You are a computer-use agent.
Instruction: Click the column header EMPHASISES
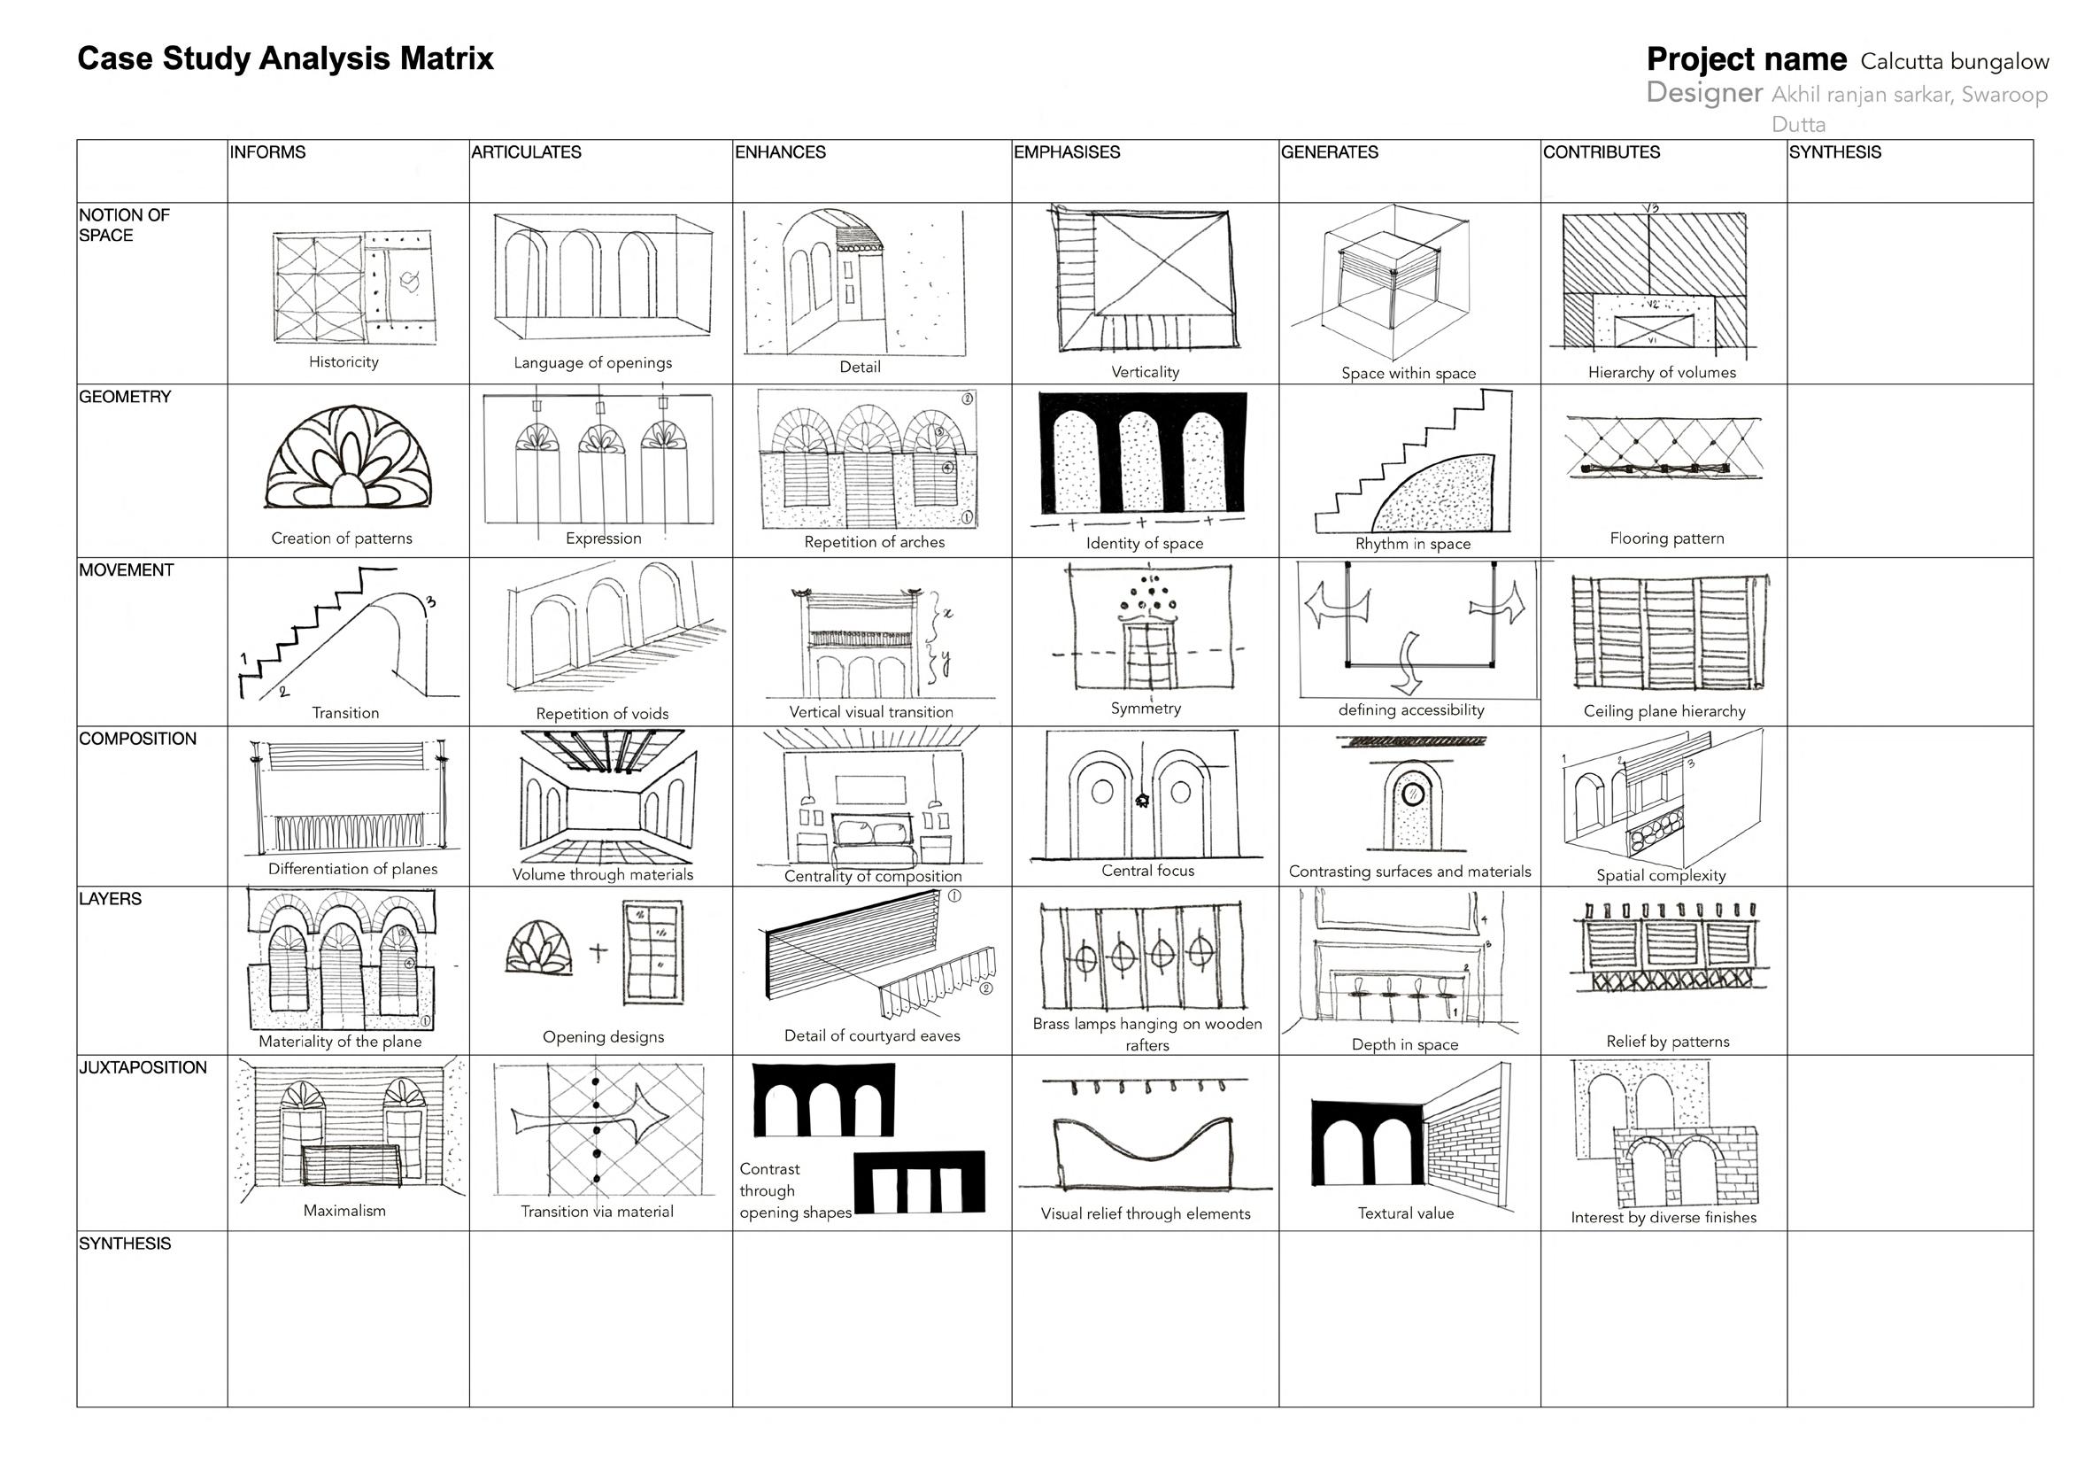pyautogui.click(x=1066, y=152)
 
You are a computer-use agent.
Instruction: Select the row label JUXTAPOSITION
pyautogui.click(x=143, y=1067)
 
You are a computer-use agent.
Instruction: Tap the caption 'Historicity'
pyautogui.click(x=344, y=361)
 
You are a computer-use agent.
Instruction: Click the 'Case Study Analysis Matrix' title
pyautogui.click(x=285, y=58)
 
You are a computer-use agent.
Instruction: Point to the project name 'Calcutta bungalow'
pyautogui.click(x=1955, y=62)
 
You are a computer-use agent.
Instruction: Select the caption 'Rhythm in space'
pyautogui.click(x=1412, y=544)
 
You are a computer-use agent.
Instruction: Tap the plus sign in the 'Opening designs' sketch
pyautogui.click(x=598, y=953)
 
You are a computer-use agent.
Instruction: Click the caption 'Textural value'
pyautogui.click(x=1405, y=1213)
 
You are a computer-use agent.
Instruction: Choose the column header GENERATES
pyautogui.click(x=1330, y=152)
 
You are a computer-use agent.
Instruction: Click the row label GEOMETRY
pyautogui.click(x=125, y=397)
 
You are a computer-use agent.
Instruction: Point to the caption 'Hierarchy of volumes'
pyautogui.click(x=1662, y=372)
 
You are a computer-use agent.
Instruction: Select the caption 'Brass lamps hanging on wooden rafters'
pyautogui.click(x=1147, y=1034)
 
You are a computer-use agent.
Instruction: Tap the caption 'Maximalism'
pyautogui.click(x=344, y=1210)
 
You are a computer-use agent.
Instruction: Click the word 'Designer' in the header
pyautogui.click(x=1704, y=93)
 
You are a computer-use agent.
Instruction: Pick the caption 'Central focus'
pyautogui.click(x=1147, y=871)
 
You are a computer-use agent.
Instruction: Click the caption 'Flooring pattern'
pyautogui.click(x=1666, y=539)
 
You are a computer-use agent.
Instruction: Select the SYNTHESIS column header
pyautogui.click(x=1834, y=152)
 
